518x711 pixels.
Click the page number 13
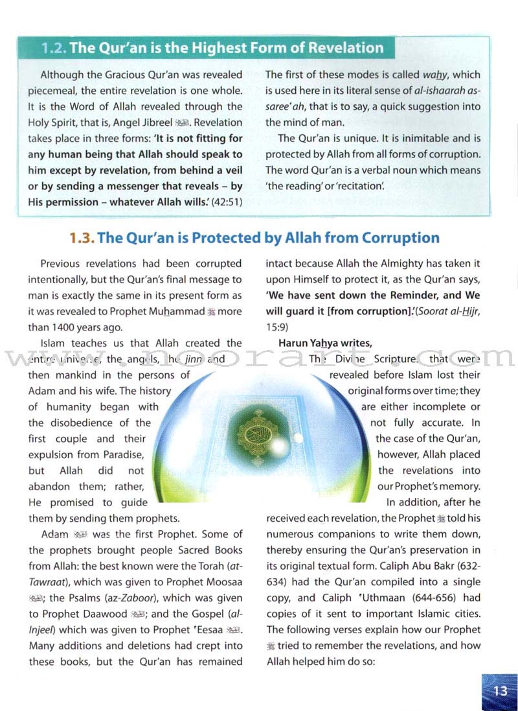coord(501,690)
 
